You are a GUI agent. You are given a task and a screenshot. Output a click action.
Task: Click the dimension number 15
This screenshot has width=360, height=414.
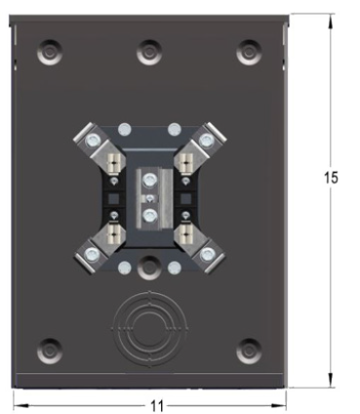(331, 178)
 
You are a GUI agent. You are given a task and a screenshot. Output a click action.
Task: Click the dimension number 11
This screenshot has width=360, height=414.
(157, 406)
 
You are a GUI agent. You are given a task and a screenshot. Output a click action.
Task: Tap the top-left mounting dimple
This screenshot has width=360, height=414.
(50, 52)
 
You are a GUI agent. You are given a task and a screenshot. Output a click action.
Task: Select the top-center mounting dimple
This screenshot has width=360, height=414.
(149, 52)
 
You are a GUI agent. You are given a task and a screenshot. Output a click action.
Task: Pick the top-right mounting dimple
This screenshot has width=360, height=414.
(249, 52)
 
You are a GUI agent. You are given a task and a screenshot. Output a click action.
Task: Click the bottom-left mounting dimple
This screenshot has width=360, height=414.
(50, 352)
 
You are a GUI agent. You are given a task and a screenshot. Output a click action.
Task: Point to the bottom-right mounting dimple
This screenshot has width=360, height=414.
(249, 352)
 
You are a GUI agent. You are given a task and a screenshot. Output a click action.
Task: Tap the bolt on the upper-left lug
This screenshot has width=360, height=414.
(92, 141)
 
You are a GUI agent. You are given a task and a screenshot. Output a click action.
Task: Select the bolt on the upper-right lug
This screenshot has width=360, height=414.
(207, 141)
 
